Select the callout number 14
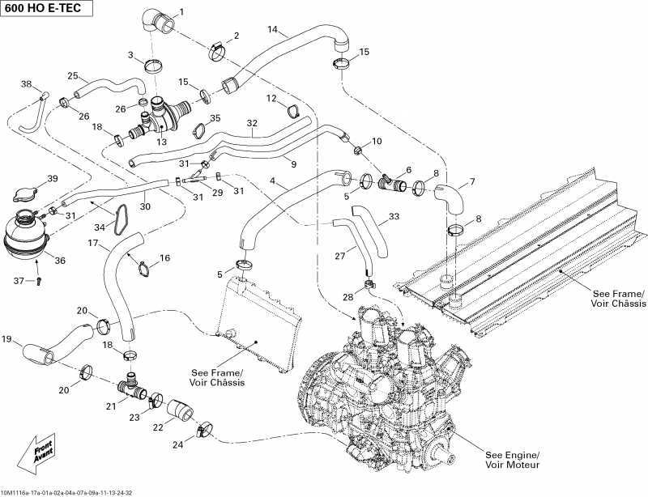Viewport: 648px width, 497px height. coord(273,30)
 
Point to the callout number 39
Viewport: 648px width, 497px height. coord(53,179)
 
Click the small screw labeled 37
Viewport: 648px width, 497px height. coord(38,281)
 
